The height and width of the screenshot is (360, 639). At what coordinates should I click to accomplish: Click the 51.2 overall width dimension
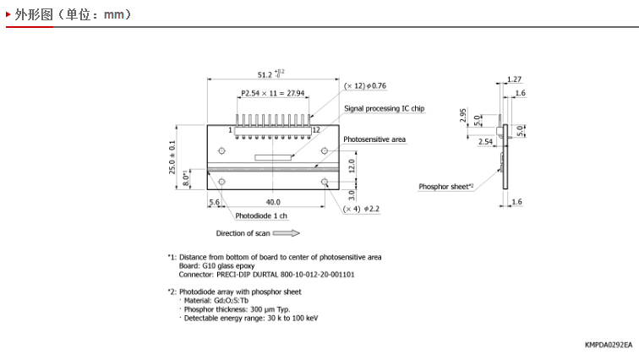(x=271, y=74)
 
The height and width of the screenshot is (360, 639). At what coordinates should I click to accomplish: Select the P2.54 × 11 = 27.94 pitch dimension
(x=273, y=93)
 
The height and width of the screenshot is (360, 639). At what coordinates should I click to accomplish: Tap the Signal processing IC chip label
(x=385, y=108)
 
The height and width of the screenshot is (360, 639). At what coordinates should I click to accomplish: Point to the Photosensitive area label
(x=374, y=139)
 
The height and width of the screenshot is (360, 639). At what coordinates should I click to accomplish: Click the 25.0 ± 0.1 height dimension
(x=172, y=157)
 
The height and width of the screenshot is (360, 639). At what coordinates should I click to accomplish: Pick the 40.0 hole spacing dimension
(x=273, y=202)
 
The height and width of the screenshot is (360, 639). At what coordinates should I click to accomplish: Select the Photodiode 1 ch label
(x=261, y=215)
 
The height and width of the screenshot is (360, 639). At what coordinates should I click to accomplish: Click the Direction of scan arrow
(x=286, y=233)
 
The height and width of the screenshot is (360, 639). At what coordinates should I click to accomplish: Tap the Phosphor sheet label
(x=445, y=187)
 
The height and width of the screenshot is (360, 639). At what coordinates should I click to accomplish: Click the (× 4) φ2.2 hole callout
(x=361, y=209)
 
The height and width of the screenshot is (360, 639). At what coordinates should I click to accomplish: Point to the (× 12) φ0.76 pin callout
(x=365, y=86)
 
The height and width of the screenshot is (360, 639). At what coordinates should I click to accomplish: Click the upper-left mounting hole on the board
(x=221, y=151)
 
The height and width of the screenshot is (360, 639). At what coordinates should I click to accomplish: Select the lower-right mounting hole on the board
(x=325, y=182)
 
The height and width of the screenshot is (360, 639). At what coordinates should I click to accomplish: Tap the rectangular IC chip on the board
(x=273, y=157)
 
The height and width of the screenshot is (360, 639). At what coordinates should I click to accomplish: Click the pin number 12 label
(x=316, y=130)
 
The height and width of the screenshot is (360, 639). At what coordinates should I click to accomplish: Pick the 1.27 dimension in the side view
(x=514, y=79)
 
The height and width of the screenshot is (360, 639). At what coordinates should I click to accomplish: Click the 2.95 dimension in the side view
(x=462, y=115)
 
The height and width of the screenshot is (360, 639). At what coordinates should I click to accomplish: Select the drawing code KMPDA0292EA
(x=609, y=345)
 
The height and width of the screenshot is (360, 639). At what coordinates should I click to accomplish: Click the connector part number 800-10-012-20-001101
(x=318, y=275)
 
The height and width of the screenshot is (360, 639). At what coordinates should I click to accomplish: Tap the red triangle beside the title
(x=8, y=14)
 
